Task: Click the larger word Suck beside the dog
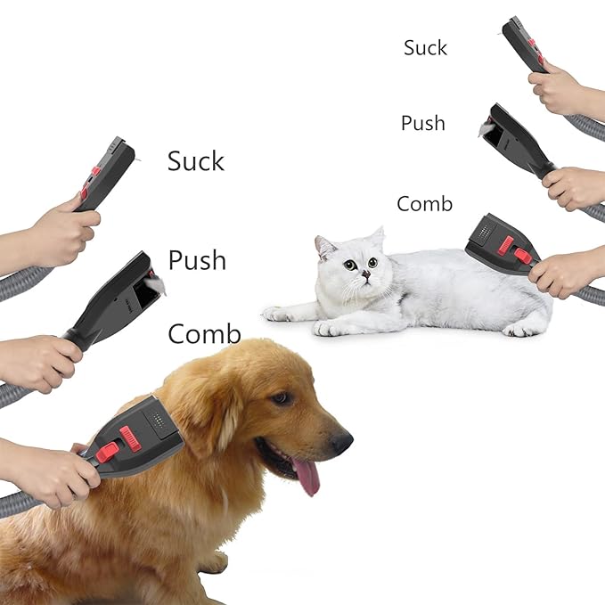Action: point(196,161)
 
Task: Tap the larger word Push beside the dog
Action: point(197,261)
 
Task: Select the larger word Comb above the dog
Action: point(204,334)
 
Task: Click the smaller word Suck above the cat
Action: point(425,47)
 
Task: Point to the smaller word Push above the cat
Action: point(423,123)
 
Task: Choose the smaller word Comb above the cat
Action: point(425,203)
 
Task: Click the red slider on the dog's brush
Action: point(131,437)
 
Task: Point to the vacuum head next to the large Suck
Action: point(107,172)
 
